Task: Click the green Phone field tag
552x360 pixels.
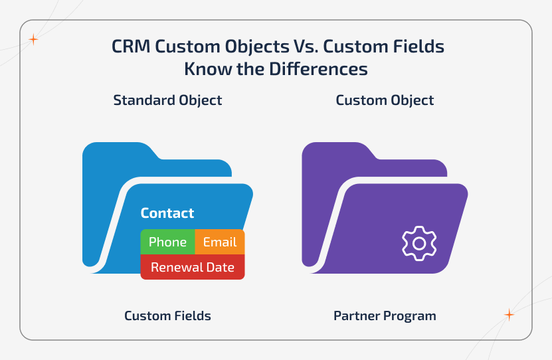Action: point(167,242)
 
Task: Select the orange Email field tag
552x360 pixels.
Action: point(220,242)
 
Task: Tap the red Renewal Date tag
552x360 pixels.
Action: point(193,267)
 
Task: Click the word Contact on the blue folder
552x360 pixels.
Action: point(167,213)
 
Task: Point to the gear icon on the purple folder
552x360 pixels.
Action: point(418,243)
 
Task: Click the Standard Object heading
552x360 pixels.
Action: point(167,100)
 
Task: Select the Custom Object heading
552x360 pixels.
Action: point(385,100)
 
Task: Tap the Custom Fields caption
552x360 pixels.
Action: point(167,315)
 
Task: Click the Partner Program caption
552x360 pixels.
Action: point(385,315)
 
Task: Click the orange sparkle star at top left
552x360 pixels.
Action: point(33,40)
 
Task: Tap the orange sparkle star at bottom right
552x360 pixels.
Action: point(509,315)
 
